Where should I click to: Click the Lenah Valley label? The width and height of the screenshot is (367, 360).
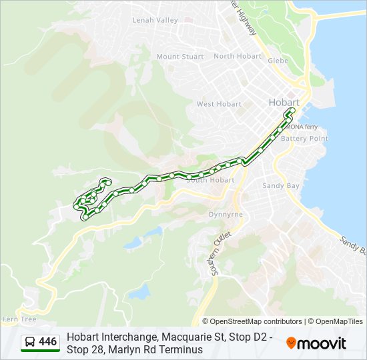click(x=155, y=20)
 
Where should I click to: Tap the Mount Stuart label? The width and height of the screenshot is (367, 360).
click(x=180, y=57)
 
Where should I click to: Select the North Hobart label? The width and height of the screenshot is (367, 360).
click(x=238, y=56)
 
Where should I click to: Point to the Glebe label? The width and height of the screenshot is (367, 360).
click(x=278, y=61)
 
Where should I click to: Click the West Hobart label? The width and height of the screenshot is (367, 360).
click(x=219, y=104)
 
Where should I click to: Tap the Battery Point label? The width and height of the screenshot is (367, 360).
click(x=304, y=138)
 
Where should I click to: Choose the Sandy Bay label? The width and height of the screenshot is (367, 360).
click(x=281, y=185)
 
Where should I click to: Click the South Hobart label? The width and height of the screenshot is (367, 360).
click(x=211, y=180)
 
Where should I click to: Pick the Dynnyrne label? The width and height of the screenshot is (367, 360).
click(x=226, y=215)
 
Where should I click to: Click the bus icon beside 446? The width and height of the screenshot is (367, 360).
click(x=30, y=342)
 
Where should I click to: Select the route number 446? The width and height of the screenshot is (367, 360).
click(x=47, y=342)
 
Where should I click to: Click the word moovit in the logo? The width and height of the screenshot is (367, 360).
click(x=322, y=343)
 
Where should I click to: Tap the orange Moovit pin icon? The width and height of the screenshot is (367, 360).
click(x=291, y=343)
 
